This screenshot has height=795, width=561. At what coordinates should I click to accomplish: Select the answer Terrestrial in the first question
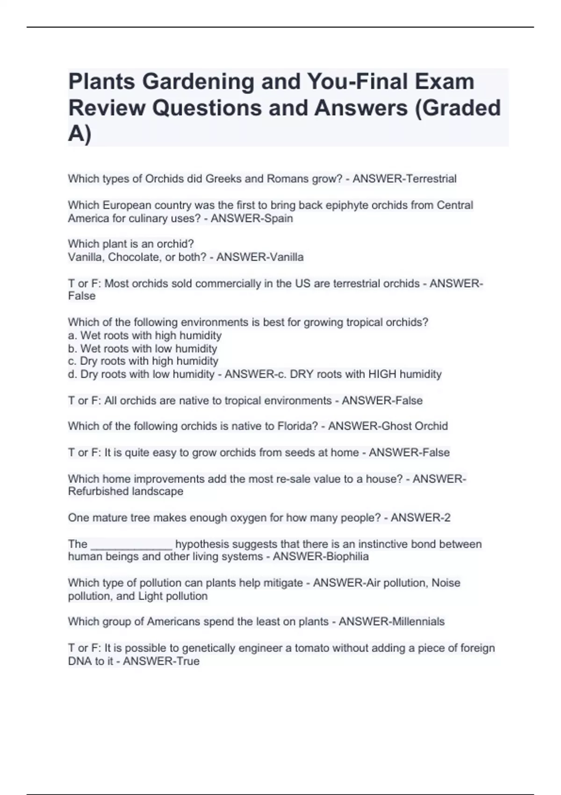click(x=432, y=179)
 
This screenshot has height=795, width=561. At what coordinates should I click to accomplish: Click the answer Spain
click(x=279, y=218)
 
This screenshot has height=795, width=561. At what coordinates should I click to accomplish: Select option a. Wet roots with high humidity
click(x=145, y=335)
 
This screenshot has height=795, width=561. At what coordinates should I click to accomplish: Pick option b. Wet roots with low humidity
click(x=143, y=348)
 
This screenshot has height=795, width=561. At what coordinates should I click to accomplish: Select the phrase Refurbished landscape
click(x=125, y=491)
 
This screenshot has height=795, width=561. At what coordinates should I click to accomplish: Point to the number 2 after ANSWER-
click(x=447, y=518)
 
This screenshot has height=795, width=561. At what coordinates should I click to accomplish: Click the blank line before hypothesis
click(x=131, y=545)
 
